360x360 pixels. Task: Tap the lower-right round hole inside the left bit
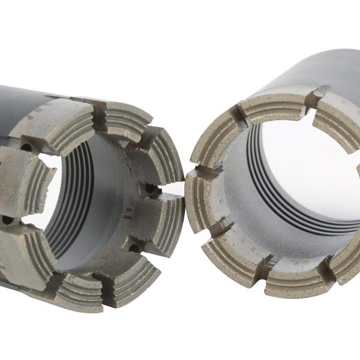[133, 246]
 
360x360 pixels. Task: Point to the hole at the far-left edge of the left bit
[7, 220]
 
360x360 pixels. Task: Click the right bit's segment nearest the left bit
[201, 204]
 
